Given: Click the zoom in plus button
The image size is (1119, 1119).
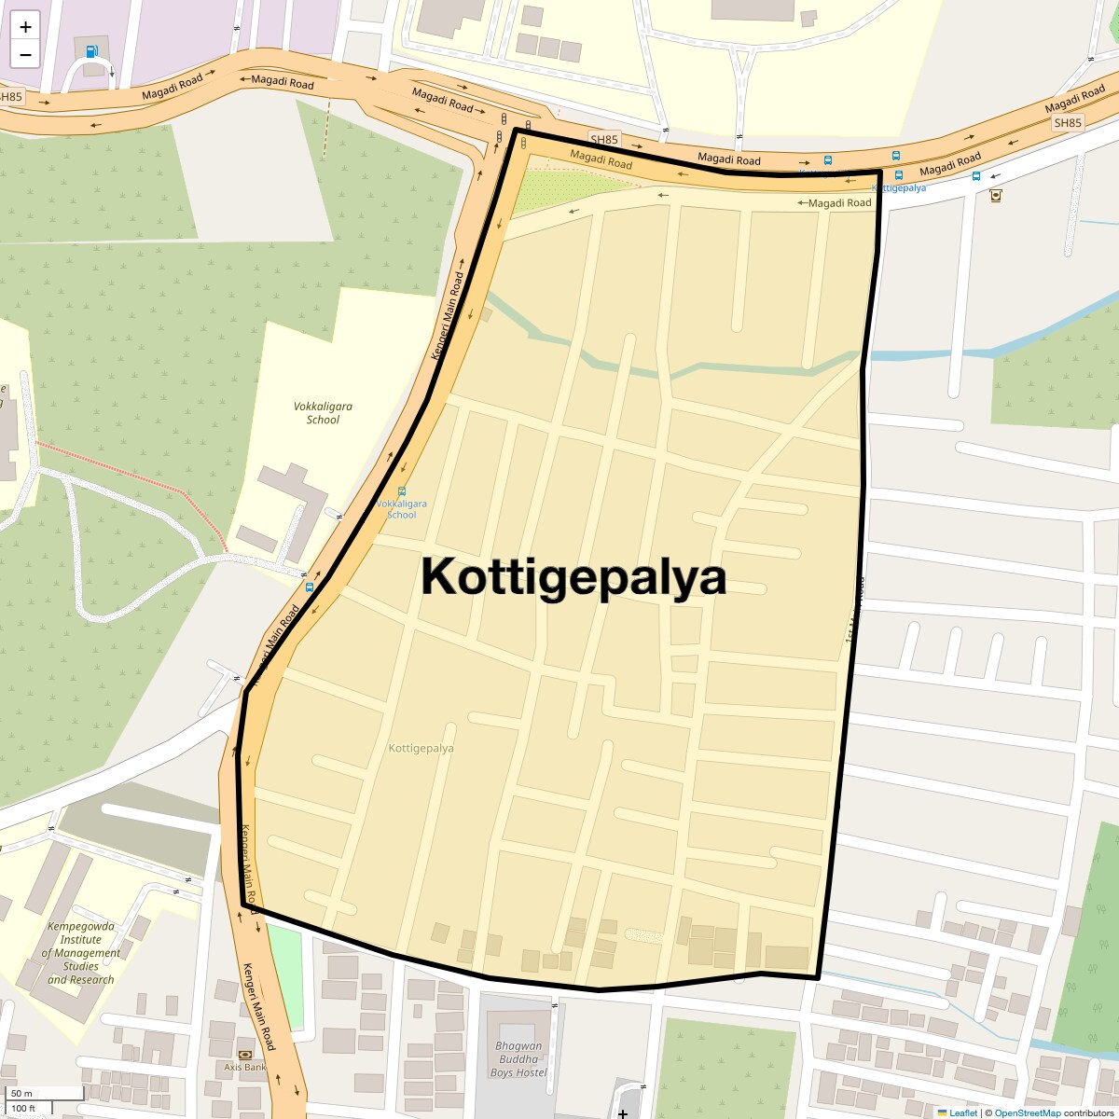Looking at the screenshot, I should coord(25,27).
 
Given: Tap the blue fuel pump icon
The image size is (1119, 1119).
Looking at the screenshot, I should coord(91,51).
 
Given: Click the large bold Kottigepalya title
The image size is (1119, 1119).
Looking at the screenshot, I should coord(573,576).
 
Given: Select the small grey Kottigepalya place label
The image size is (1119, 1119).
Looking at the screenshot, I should coord(421,748).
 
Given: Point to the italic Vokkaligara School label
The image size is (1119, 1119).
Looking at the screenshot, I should coord(323,413).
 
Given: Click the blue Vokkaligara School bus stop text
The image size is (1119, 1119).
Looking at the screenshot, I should coord(402,509).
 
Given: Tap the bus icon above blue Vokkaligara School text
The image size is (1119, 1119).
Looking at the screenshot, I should coord(402,491).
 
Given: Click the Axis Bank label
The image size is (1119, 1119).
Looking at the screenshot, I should coord(245,1067).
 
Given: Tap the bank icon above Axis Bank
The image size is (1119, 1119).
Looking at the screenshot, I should coord(245,1054).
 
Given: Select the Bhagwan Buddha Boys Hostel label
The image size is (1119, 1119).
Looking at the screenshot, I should coord(518,1059).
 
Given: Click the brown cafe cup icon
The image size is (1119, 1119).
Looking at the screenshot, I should coord(996,196).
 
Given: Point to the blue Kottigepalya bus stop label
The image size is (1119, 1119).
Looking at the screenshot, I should coord(899,187).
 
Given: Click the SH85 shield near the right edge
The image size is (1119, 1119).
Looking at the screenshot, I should coord(1067,123).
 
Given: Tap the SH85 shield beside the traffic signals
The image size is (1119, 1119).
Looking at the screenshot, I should coord(604,140).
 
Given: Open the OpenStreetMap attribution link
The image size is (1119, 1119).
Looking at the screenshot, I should coord(1027,1112).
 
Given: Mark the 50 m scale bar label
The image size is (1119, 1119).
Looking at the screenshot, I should coord(21,1093).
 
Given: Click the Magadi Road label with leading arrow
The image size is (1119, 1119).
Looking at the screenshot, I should coord(835,202).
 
